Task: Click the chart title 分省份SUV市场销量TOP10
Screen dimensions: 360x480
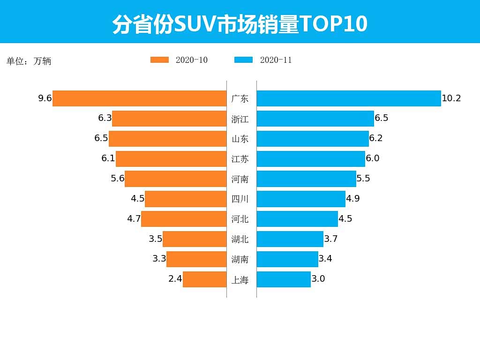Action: pos(240,24)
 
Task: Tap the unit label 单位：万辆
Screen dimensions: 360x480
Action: pos(29,61)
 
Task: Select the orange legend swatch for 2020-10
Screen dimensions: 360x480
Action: pos(159,60)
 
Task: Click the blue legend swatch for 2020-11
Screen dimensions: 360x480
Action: pos(243,60)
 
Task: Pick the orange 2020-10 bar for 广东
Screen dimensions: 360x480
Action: pos(140,98)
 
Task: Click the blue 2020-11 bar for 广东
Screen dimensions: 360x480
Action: pos(349,98)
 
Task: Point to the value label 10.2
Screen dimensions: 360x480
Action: pos(451,98)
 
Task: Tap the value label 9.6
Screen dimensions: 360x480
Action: pos(45,98)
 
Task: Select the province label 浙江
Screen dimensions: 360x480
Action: pos(240,119)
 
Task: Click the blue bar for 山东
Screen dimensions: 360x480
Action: pos(313,139)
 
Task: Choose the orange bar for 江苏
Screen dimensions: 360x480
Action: pos(171,159)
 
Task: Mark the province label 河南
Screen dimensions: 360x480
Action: pos(240,179)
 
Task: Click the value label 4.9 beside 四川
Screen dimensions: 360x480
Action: pos(353,199)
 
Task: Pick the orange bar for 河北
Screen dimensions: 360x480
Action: pos(184,219)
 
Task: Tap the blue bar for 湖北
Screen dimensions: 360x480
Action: pos(290,239)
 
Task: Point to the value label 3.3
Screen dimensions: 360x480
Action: pos(159,259)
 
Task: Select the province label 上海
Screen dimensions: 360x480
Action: pos(240,280)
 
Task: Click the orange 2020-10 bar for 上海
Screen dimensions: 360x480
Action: pos(204,279)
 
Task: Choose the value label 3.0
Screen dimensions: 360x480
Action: pos(318,279)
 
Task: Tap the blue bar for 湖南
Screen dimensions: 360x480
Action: pos(287,259)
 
